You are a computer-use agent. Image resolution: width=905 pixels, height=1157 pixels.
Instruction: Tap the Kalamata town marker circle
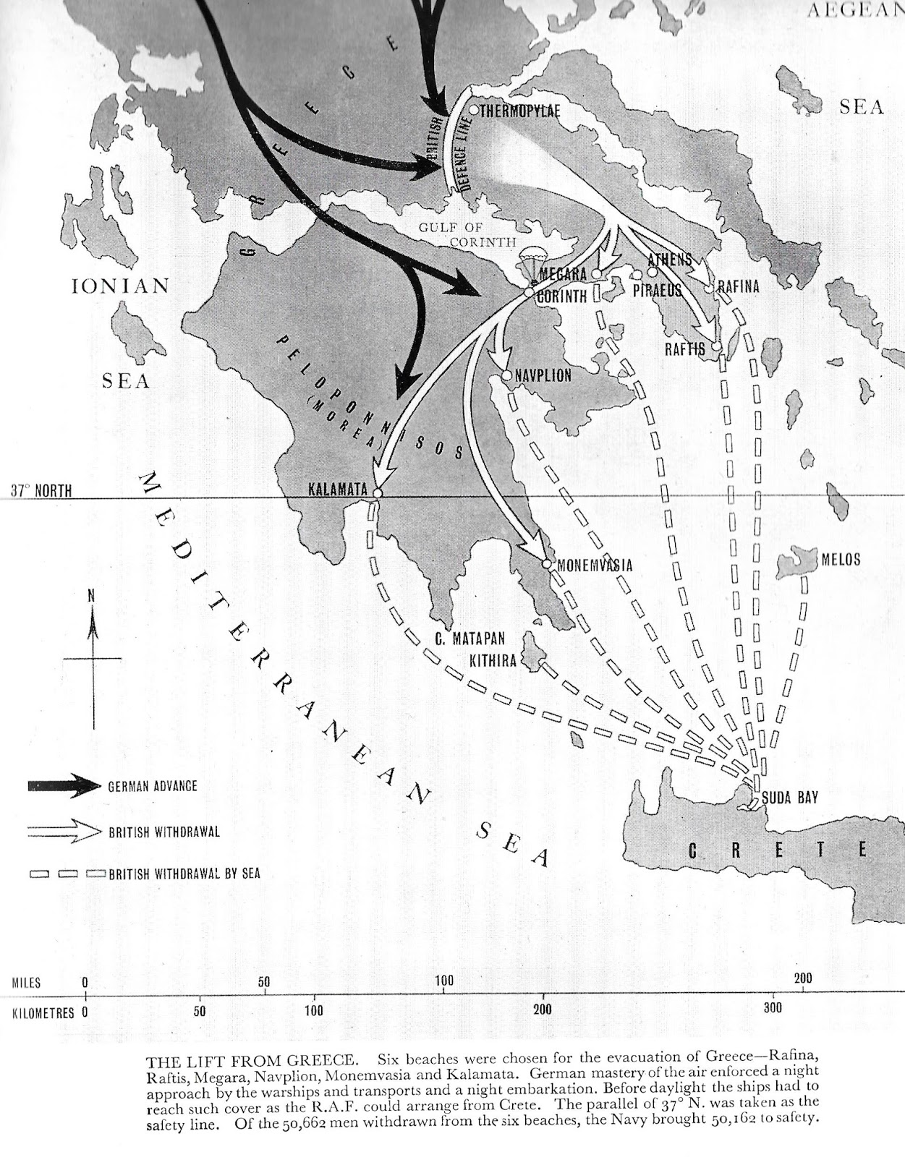pyautogui.click(x=376, y=492)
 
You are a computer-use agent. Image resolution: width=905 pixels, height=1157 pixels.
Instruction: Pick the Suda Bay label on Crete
pyautogui.click(x=790, y=798)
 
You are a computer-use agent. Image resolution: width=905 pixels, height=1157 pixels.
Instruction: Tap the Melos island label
pyautogui.click(x=841, y=559)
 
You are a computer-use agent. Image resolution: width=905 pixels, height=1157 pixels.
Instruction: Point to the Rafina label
pyautogui.click(x=739, y=287)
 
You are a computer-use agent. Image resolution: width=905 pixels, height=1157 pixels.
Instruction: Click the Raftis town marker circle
pyautogui.click(x=716, y=347)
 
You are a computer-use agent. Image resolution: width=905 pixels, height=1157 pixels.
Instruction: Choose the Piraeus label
pyautogui.click(x=658, y=291)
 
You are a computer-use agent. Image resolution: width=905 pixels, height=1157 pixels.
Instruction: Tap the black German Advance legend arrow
pyautogui.click(x=64, y=787)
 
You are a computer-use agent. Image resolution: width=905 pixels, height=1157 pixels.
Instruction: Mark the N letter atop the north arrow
pyautogui.click(x=91, y=597)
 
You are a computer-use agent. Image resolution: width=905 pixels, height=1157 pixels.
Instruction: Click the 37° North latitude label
pyautogui.click(x=41, y=491)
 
